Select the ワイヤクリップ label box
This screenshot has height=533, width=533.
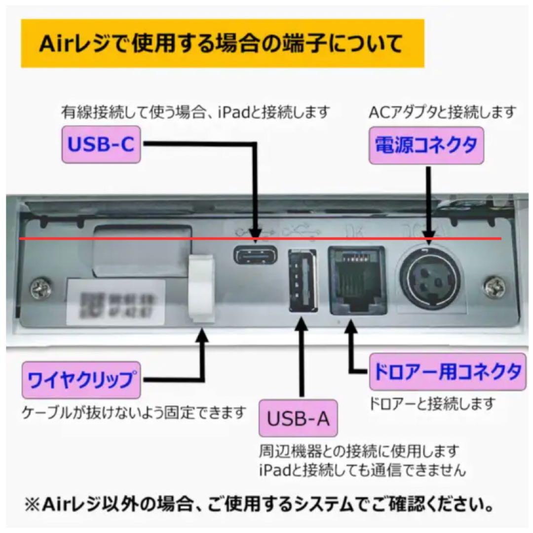pyautogui.click(x=81, y=380)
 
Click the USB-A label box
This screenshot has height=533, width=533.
pyautogui.click(x=299, y=419)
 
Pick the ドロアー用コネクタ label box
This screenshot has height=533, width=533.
pyautogui.click(x=447, y=372)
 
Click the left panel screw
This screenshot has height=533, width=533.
pyautogui.click(x=40, y=288)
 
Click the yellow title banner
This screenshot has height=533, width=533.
pyautogui.click(x=222, y=43)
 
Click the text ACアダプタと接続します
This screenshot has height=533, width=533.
pyautogui.click(x=442, y=113)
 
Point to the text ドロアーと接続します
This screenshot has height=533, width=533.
pyautogui.click(x=432, y=404)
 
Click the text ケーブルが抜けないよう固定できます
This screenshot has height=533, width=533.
pyautogui.click(x=133, y=412)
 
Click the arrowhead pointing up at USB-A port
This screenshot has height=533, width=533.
pyautogui.click(x=299, y=323)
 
